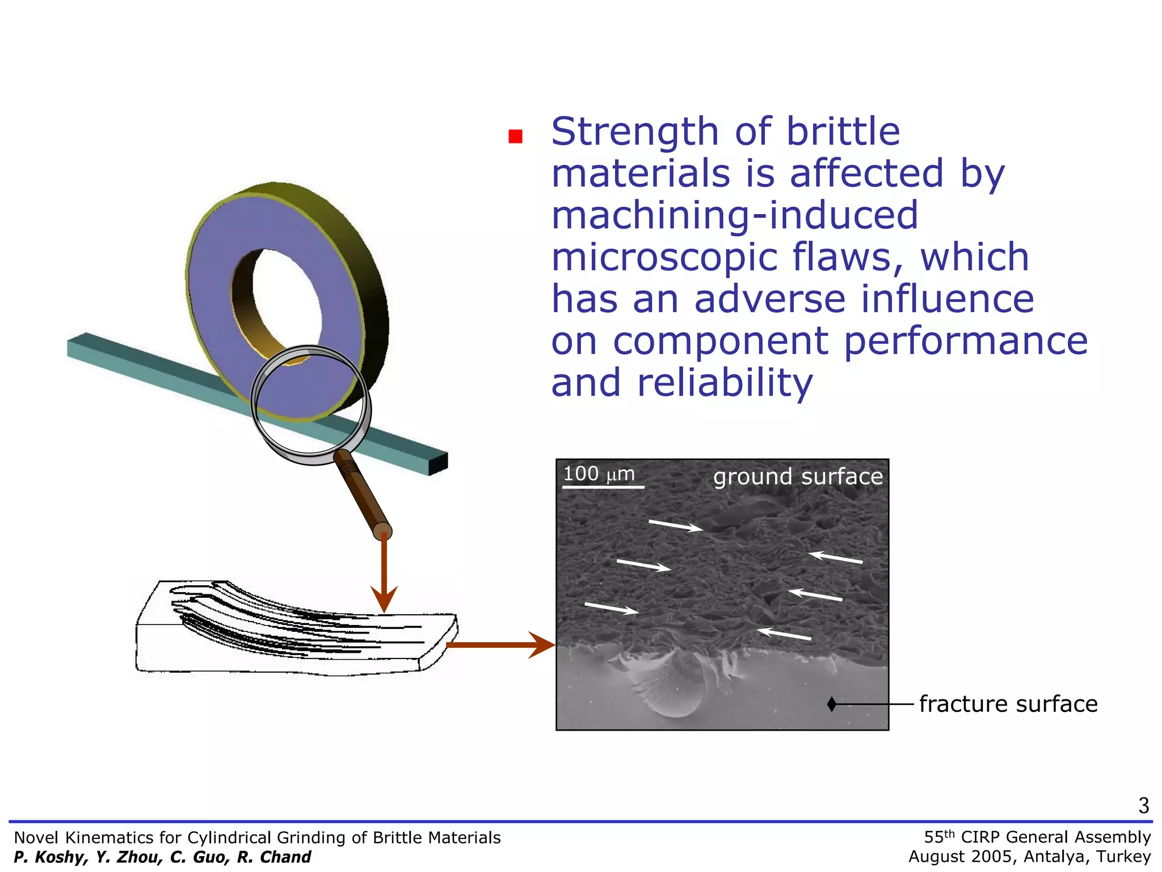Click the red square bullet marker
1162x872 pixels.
[x=515, y=136]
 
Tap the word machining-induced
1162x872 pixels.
[x=734, y=216]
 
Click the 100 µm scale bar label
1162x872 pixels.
[x=599, y=474]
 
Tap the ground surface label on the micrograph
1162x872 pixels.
[x=798, y=477]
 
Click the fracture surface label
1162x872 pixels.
[x=1008, y=704]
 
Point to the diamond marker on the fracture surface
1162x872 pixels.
[x=832, y=704]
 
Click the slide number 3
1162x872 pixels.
[x=1143, y=806]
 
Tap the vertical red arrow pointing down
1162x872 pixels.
[x=384, y=573]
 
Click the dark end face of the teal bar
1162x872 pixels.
[x=438, y=464]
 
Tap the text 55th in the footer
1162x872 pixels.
[x=939, y=837]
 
